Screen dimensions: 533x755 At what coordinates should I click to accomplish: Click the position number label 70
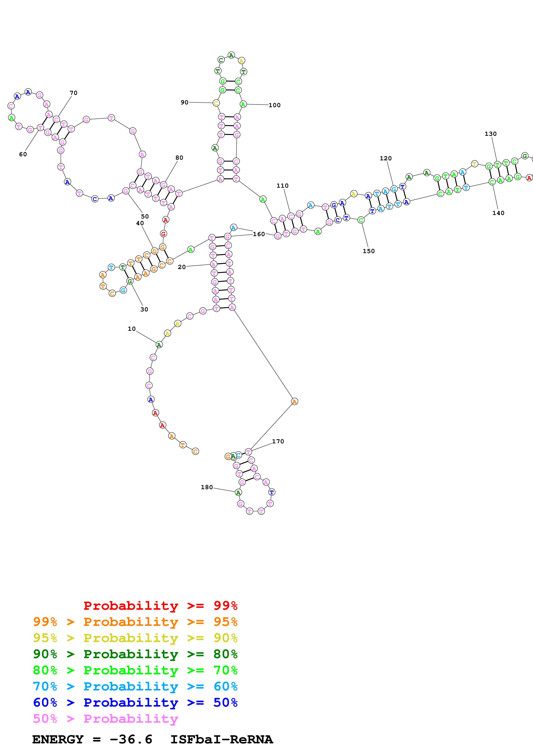click(74, 93)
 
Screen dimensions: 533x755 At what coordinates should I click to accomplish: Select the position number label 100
click(275, 105)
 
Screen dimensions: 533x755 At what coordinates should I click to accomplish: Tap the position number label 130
click(491, 134)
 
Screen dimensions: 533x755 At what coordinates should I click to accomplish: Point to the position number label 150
click(369, 251)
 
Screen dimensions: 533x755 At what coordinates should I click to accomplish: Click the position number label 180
click(207, 487)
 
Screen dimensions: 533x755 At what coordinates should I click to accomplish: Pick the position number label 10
click(132, 329)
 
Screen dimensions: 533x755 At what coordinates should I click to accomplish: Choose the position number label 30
click(144, 309)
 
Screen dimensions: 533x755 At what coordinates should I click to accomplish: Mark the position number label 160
click(259, 234)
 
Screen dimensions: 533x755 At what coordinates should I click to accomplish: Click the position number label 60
click(23, 154)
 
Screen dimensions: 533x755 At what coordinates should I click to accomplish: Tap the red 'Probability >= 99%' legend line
click(160, 605)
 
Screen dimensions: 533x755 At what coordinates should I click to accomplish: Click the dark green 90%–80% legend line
click(135, 654)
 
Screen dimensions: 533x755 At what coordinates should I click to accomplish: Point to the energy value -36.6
click(131, 739)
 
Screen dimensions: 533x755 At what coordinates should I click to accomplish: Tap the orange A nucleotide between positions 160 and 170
click(295, 402)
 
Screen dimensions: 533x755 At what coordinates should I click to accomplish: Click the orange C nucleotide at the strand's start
click(195, 452)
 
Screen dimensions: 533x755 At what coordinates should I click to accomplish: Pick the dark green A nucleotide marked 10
click(159, 345)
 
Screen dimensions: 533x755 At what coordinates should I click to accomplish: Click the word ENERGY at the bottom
click(58, 739)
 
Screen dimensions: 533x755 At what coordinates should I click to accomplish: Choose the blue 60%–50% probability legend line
click(135, 702)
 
